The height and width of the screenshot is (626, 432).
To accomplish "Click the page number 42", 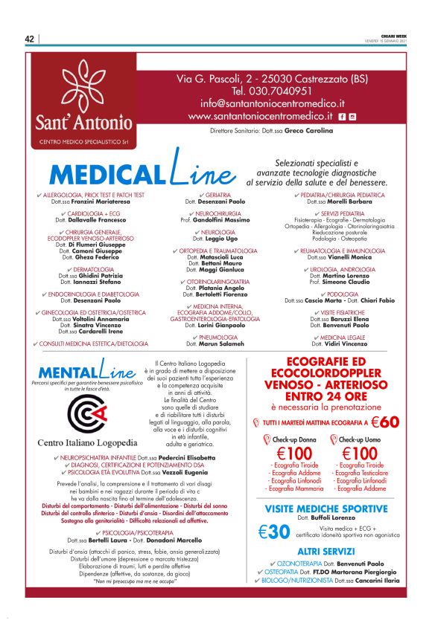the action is point(30,39).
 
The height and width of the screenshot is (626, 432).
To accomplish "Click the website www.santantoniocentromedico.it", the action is point(260,117).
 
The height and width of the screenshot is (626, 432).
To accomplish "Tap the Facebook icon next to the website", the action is point(341,117).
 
